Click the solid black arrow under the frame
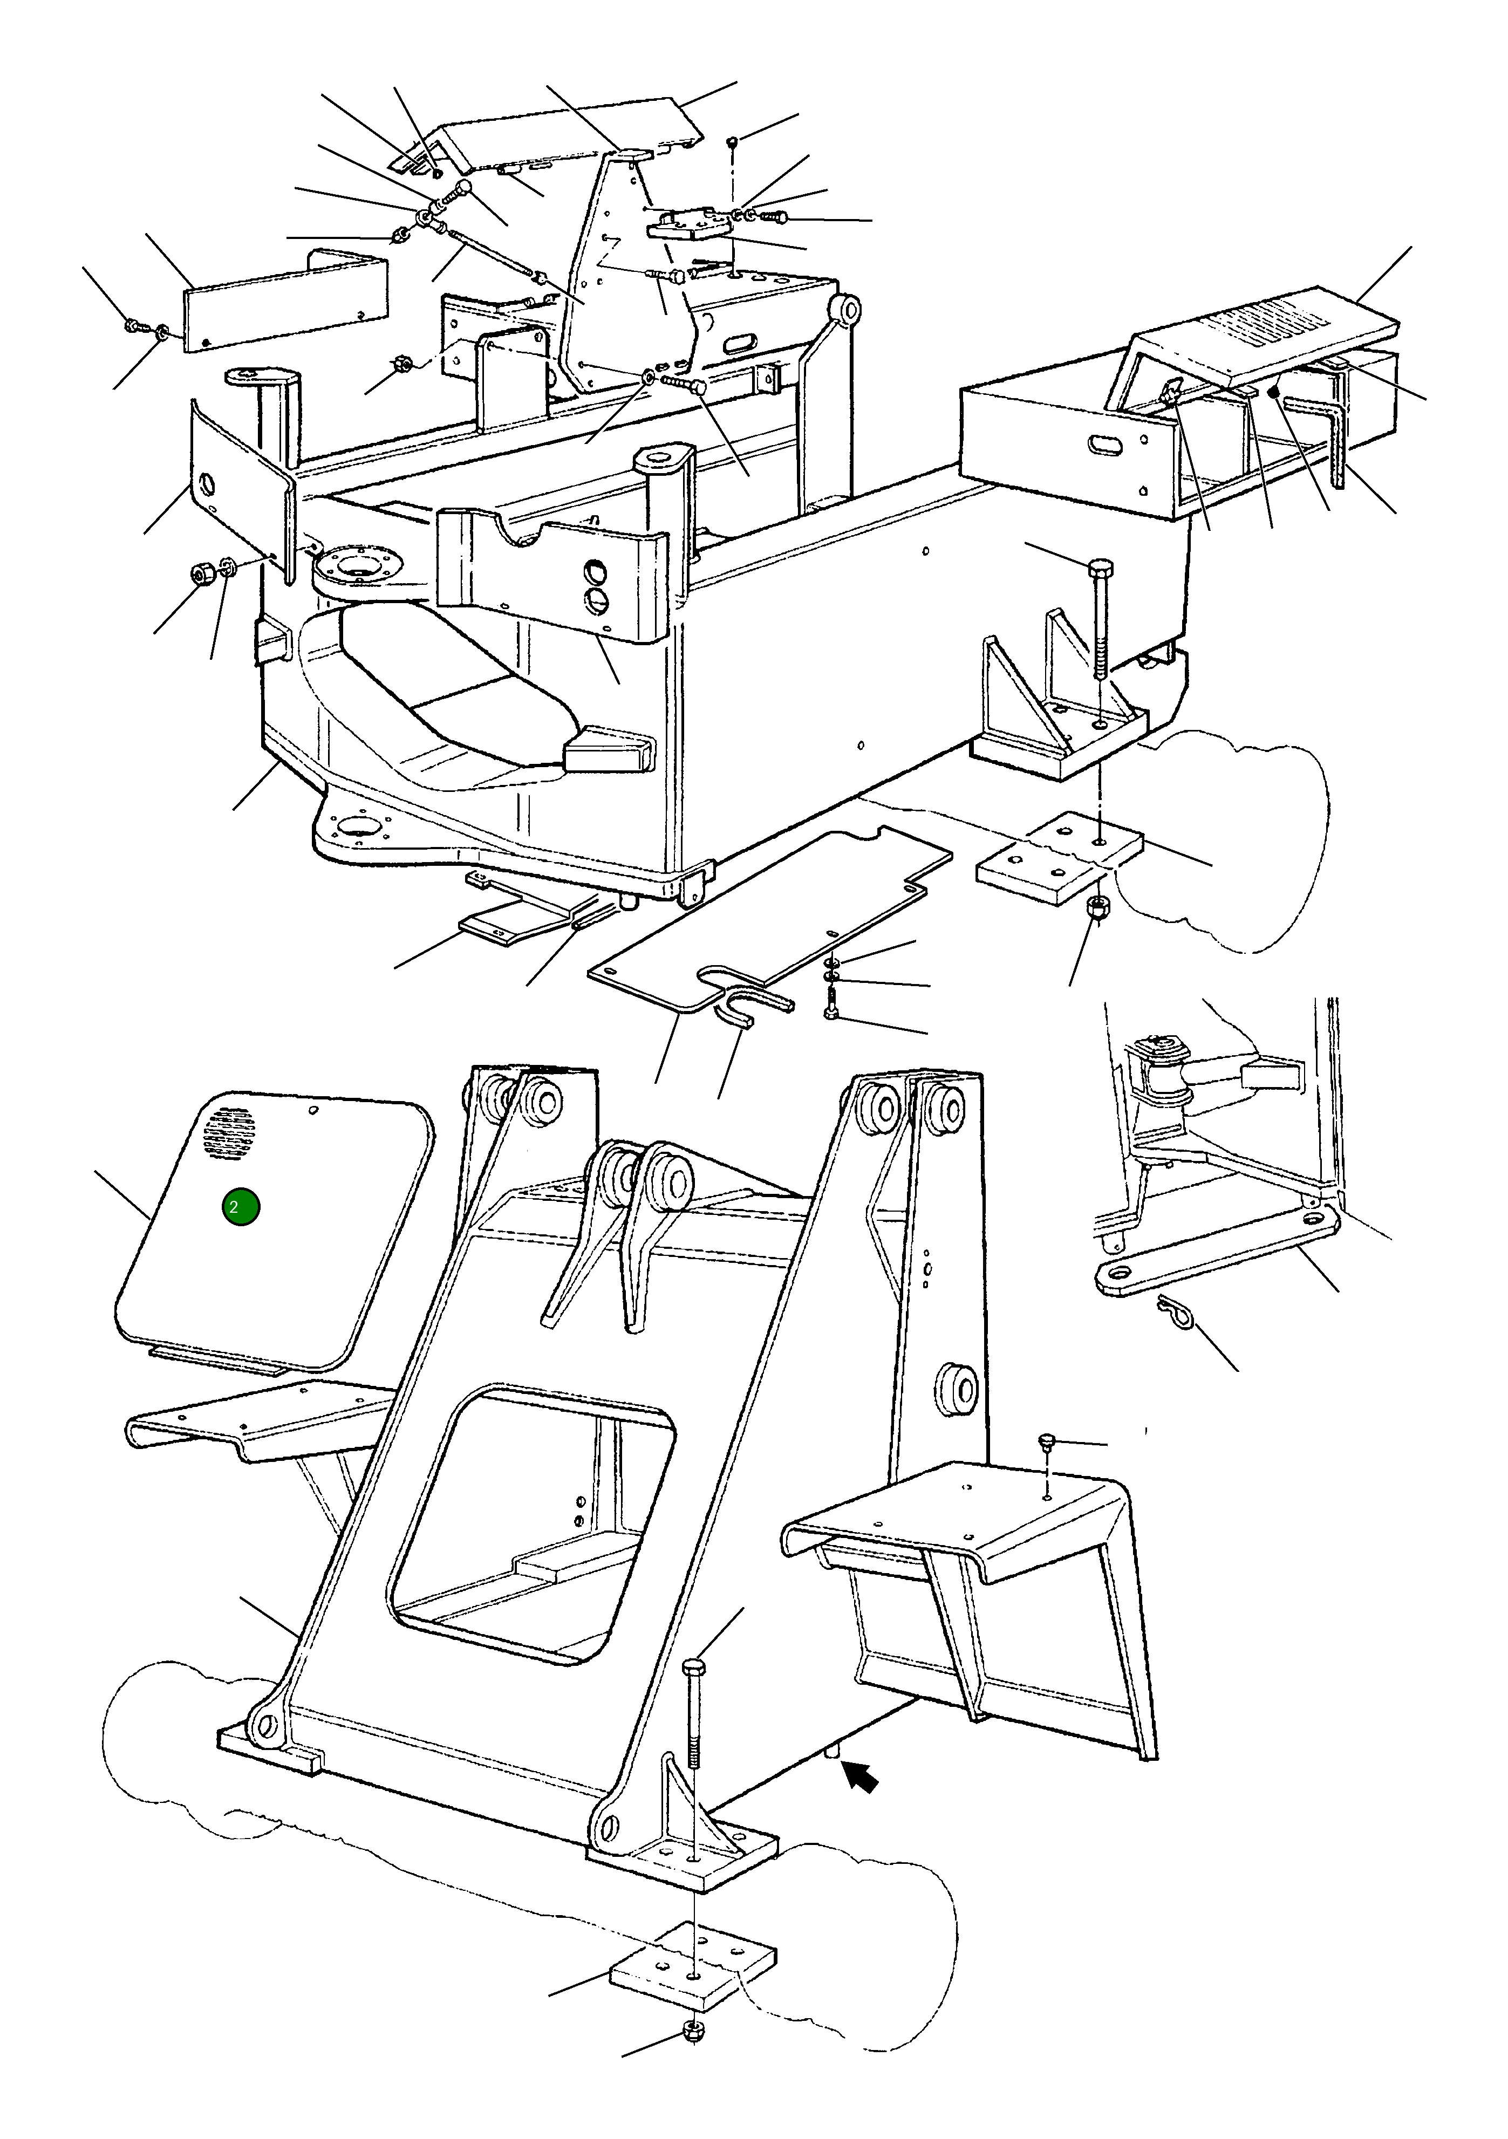coord(862,1779)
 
